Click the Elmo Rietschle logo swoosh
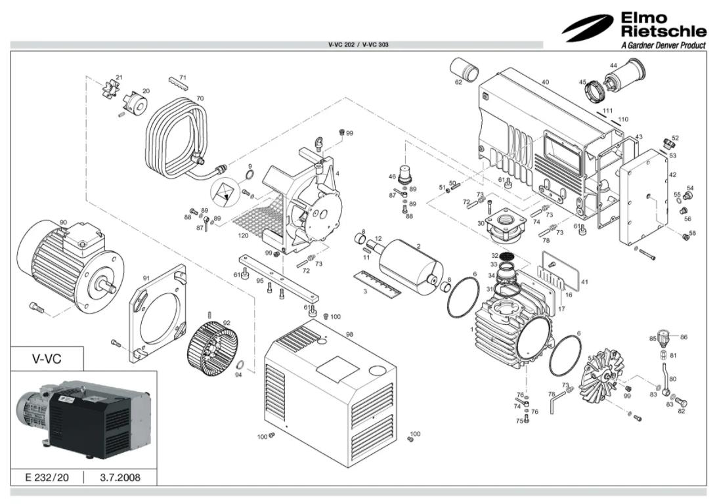click(587, 28)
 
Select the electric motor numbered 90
click(66, 262)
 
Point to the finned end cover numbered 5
click(597, 377)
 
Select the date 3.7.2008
click(120, 477)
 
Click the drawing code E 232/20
click(47, 477)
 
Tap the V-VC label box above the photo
click(47, 359)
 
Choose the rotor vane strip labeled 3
click(374, 283)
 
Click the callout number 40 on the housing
click(545, 82)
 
